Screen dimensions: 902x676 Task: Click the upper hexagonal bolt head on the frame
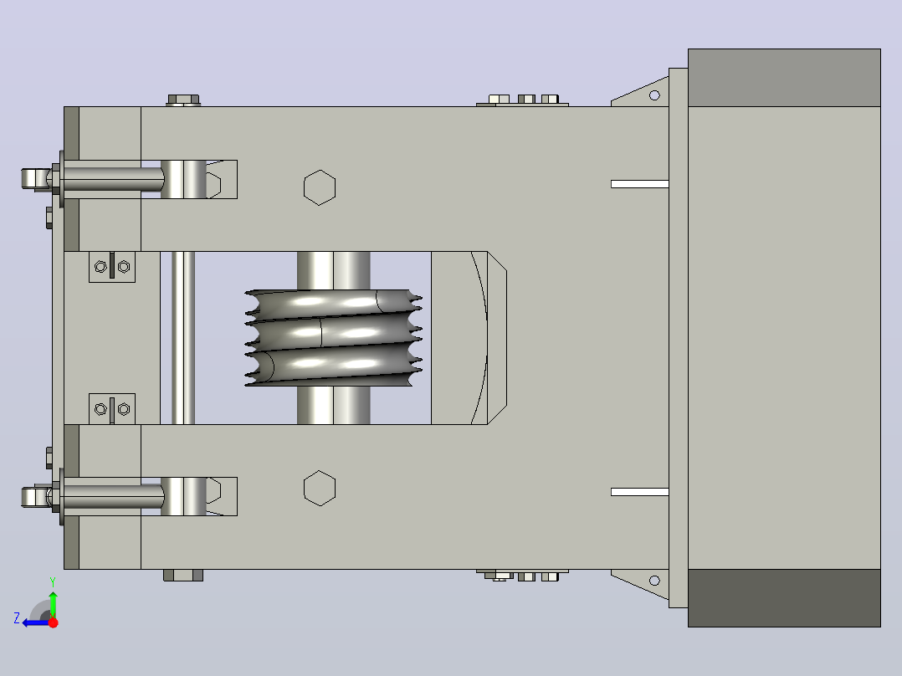(x=320, y=187)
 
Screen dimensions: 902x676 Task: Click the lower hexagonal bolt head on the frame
(x=320, y=489)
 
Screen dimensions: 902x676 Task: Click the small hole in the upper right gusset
(x=654, y=95)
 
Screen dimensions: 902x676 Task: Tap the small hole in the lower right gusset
(x=654, y=581)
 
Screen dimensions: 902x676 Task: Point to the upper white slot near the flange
(x=639, y=184)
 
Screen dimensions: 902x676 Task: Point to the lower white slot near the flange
(x=639, y=492)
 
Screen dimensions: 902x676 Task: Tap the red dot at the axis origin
(x=53, y=622)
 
